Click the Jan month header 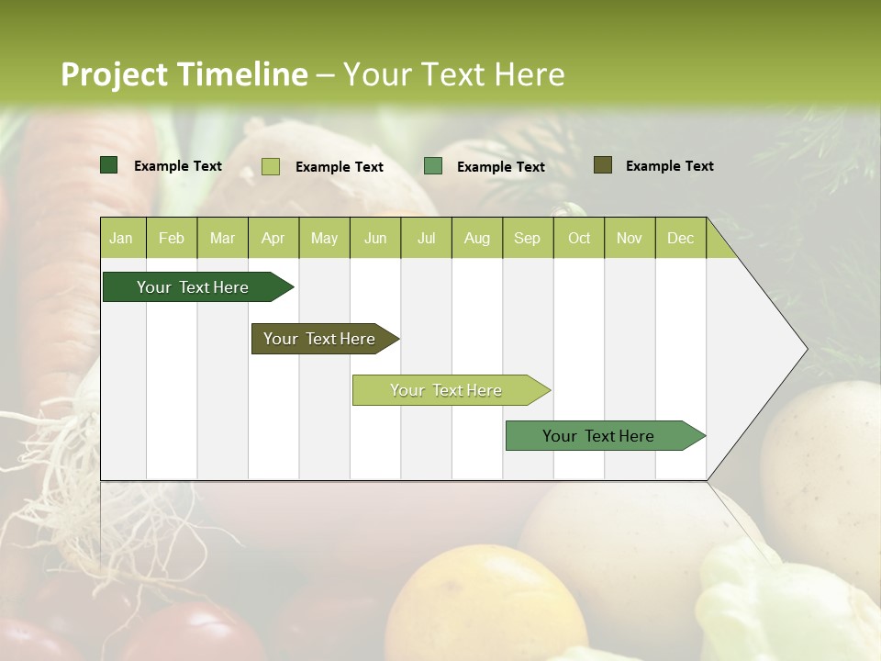tap(121, 239)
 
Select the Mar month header tap(222, 239)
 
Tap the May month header tap(324, 239)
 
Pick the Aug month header tap(476, 239)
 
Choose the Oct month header tap(579, 239)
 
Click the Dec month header tap(680, 239)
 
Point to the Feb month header tap(172, 239)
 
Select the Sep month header tap(527, 239)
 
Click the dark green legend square tap(109, 165)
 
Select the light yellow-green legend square tap(271, 166)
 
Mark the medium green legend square tap(433, 166)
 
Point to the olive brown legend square tap(603, 165)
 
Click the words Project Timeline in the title tap(184, 74)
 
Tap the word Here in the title tap(530, 74)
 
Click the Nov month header tap(630, 239)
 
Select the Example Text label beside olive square tap(669, 166)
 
